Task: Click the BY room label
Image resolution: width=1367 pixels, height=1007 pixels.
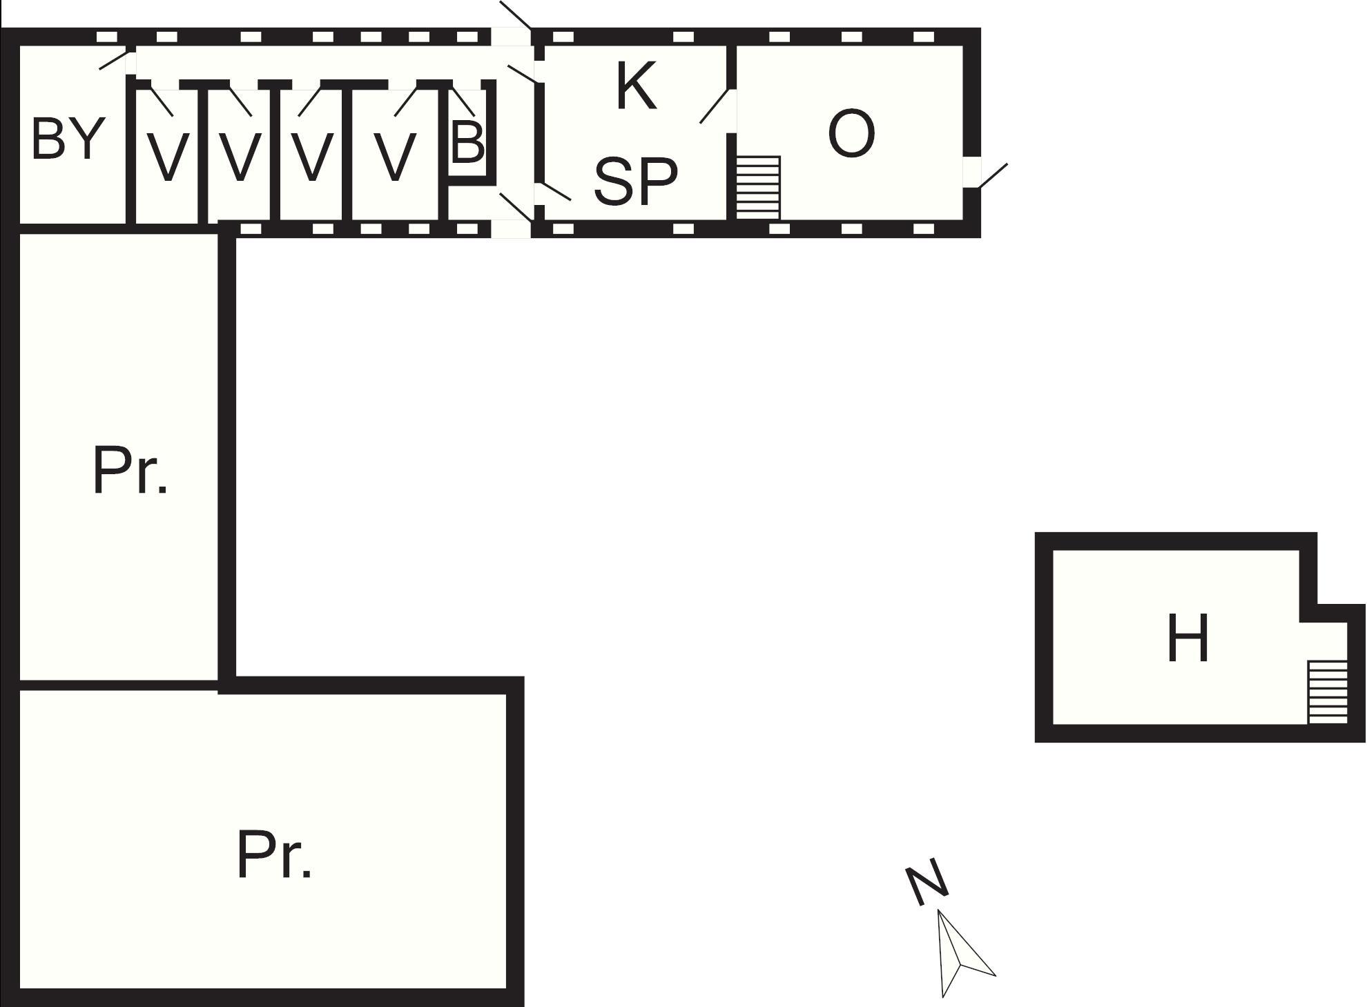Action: click(x=68, y=139)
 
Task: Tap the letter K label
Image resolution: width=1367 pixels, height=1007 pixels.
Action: click(x=636, y=86)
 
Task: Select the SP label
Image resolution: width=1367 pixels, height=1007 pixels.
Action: click(x=635, y=181)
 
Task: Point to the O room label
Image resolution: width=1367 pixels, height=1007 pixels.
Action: click(x=851, y=134)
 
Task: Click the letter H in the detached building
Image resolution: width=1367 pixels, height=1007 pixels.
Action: click(x=1187, y=638)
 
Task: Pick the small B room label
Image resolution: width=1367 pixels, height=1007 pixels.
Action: click(x=467, y=143)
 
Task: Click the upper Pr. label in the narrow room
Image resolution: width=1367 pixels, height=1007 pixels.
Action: click(x=129, y=471)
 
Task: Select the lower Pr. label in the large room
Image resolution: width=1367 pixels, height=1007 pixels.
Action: click(x=273, y=855)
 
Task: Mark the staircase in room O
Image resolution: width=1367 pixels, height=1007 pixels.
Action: click(x=758, y=188)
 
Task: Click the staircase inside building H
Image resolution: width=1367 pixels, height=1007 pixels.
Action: click(x=1328, y=692)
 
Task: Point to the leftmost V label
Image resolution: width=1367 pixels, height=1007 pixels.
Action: click(x=168, y=157)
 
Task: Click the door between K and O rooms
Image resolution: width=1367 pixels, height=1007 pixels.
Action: click(x=715, y=106)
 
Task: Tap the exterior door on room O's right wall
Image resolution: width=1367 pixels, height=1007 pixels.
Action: click(x=993, y=175)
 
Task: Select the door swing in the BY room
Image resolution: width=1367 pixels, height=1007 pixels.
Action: click(x=114, y=59)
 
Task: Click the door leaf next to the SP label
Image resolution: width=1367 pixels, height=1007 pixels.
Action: click(x=555, y=191)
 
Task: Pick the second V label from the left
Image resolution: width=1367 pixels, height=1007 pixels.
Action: click(x=240, y=157)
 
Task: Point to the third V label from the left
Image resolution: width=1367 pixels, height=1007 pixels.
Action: click(x=312, y=157)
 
